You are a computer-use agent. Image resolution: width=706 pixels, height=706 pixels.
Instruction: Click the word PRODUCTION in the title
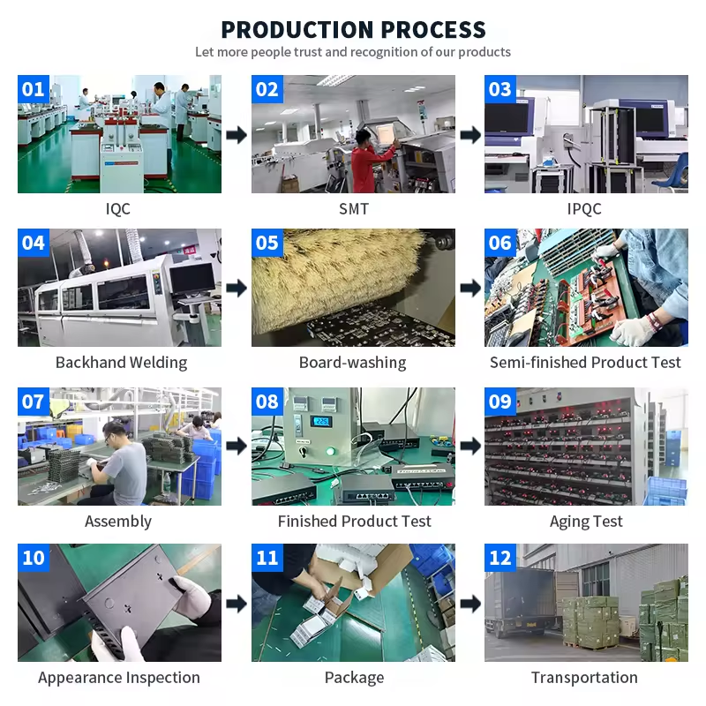pos(297,30)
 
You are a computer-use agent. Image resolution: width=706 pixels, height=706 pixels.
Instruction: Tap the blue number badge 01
pos(34,89)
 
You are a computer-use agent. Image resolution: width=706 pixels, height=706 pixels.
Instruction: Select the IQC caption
pos(118,209)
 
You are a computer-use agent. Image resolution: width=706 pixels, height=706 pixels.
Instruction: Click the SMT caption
pos(354,209)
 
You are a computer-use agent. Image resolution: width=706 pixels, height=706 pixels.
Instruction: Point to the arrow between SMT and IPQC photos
pos(470,135)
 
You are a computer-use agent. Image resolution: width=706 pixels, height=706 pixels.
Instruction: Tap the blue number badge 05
pos(267,243)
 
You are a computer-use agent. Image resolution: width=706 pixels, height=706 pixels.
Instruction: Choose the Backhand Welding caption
pos(121,363)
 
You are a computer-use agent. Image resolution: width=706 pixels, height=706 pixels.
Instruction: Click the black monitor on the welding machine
pos(192,279)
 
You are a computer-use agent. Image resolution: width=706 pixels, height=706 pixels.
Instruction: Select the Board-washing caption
pos(352,363)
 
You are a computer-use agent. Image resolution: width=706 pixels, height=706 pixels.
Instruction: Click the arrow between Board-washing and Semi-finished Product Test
pos(470,289)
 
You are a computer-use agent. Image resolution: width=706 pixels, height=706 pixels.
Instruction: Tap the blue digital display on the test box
pos(321,422)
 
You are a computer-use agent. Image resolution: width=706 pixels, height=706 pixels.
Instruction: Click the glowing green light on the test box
pos(331,451)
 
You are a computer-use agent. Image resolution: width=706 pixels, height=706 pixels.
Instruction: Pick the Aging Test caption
pos(586,522)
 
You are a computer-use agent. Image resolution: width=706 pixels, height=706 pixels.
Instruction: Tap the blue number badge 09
pos(500,402)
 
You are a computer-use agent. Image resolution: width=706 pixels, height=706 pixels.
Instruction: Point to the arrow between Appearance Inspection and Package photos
pos(237,604)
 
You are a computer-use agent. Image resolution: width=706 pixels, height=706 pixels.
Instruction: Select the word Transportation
pos(584,678)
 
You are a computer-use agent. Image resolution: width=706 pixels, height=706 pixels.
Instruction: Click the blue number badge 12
pos(500,558)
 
